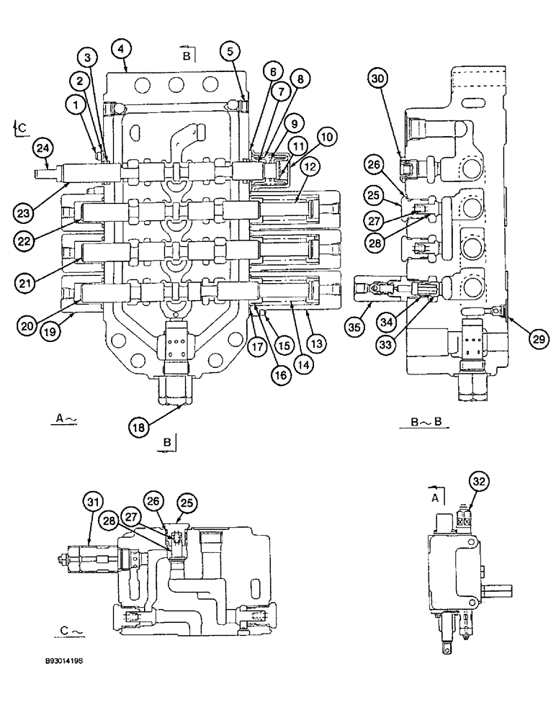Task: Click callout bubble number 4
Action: [x=120, y=49]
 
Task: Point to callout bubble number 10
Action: [x=328, y=135]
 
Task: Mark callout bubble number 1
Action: [x=73, y=106]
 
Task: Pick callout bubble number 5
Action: [x=230, y=50]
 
